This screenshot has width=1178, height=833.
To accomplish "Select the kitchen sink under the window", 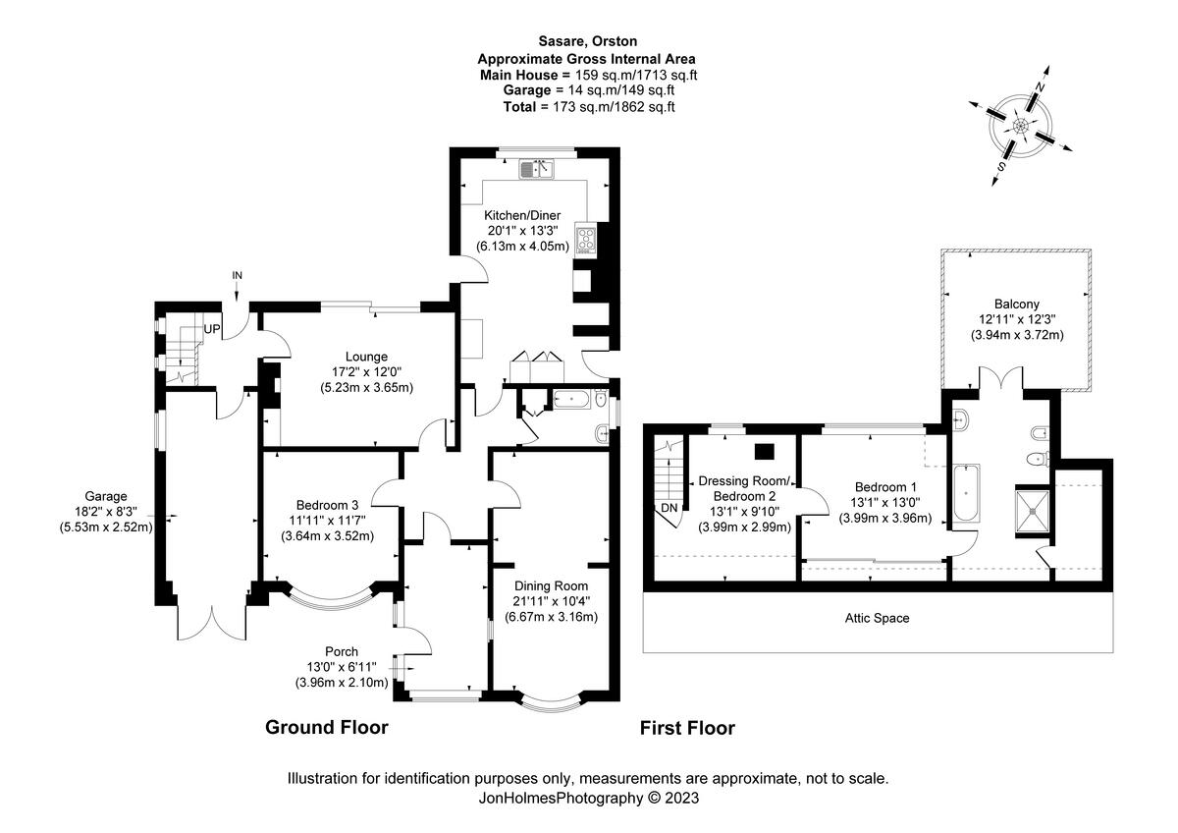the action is click(x=538, y=170).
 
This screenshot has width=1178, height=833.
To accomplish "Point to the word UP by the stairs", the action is click(x=212, y=329).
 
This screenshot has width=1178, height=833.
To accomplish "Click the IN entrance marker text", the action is click(x=237, y=275).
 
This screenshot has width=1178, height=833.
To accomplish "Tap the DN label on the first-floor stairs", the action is click(x=669, y=508).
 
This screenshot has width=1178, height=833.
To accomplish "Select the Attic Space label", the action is click(x=877, y=619).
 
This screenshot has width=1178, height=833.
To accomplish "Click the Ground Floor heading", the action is click(x=327, y=728).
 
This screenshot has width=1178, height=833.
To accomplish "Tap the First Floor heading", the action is click(x=687, y=728).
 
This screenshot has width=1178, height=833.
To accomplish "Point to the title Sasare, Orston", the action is click(x=588, y=41).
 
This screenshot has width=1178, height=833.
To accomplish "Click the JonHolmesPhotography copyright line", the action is click(x=588, y=798).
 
